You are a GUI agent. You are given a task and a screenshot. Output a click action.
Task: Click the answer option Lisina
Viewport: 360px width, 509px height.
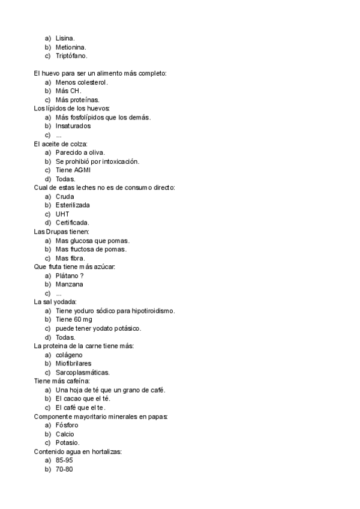tap(65, 38)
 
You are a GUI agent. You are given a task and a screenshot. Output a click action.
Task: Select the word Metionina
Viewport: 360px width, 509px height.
tap(71, 47)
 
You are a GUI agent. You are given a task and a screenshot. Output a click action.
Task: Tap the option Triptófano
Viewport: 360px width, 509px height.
tap(71, 55)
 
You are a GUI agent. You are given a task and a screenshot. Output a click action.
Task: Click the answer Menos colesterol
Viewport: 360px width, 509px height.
tap(82, 82)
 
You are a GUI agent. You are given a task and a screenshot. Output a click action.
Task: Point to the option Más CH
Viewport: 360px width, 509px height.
tap(68, 91)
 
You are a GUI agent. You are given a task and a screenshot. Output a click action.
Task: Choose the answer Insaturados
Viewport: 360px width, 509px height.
tap(73, 126)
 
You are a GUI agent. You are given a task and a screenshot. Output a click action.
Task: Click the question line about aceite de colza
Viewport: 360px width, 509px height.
tap(61, 144)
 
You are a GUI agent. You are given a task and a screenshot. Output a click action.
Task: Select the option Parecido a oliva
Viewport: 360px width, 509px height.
tap(80, 152)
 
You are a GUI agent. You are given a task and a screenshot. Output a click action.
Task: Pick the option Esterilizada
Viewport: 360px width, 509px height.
tap(73, 205)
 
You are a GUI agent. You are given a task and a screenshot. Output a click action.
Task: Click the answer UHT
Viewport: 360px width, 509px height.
tap(62, 214)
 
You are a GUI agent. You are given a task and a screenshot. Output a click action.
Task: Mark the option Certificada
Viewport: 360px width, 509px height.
tap(72, 223)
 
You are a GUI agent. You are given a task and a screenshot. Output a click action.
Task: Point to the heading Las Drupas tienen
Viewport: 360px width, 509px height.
tap(62, 232)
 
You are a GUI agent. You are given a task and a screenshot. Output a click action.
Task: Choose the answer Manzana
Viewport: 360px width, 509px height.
tap(69, 284)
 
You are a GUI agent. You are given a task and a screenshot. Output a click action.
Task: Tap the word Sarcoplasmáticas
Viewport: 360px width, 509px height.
tap(82, 372)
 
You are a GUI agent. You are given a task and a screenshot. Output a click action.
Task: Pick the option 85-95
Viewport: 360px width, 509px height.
tap(64, 460)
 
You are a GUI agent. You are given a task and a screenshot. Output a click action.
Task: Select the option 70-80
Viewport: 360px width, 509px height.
tap(64, 469)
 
